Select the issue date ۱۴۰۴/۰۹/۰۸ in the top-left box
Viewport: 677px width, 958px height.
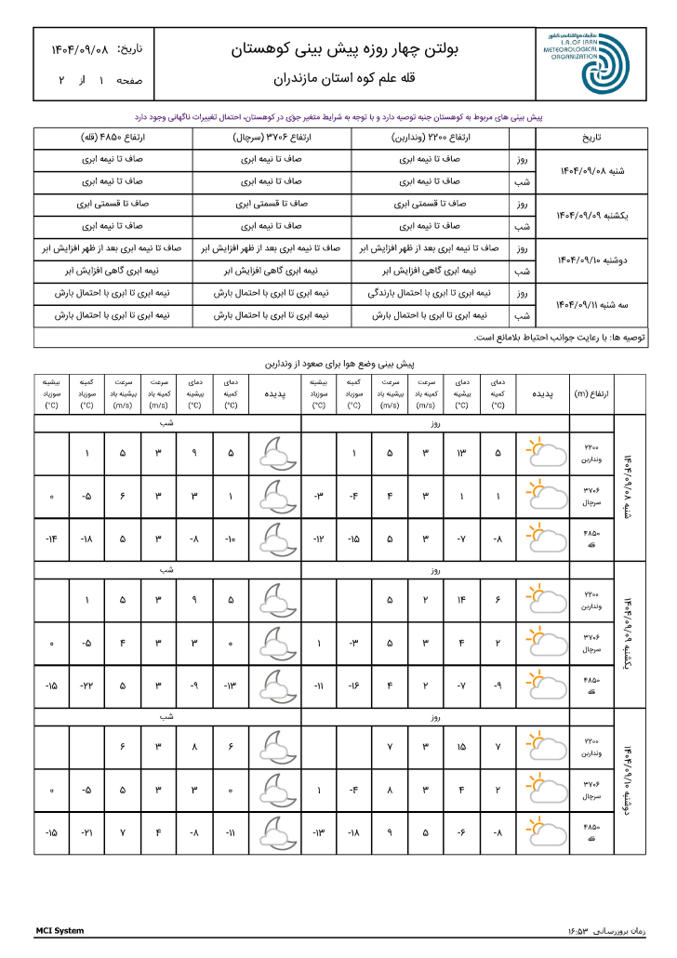point(71,48)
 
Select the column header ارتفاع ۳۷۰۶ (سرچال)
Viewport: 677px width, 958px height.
point(272,138)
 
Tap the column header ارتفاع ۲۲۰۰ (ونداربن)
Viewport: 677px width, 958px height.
point(430,138)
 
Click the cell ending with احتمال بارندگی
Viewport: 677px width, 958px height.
point(430,293)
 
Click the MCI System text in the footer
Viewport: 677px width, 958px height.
point(60,930)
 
